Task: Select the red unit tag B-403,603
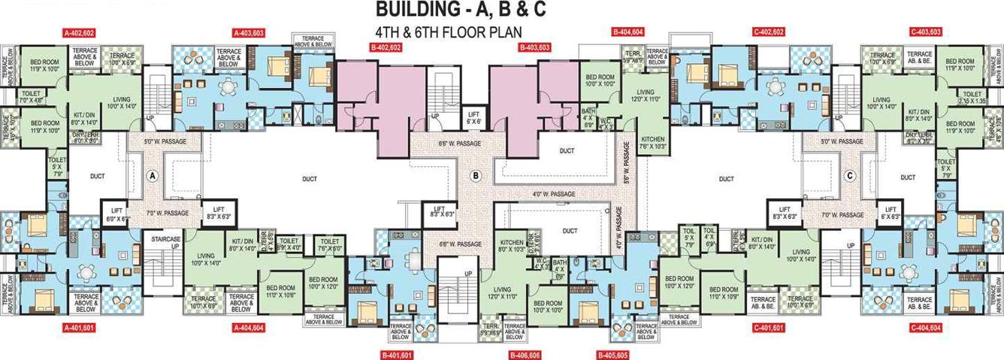(534, 47)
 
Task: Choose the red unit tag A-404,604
(249, 328)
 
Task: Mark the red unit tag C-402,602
(768, 32)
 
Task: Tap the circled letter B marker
(475, 176)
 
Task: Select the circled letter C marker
(849, 176)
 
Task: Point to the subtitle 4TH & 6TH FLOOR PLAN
(448, 32)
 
